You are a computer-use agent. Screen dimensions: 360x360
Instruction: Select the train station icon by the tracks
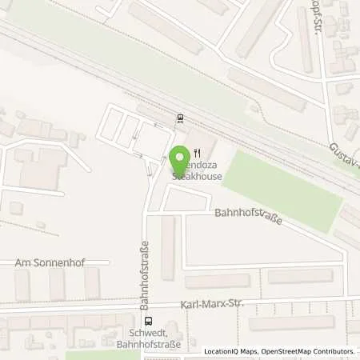(x=180, y=119)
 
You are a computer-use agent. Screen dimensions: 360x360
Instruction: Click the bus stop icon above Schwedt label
(x=146, y=322)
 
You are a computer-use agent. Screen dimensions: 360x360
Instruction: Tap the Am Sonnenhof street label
(x=50, y=262)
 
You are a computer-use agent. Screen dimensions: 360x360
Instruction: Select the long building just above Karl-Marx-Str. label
(x=217, y=281)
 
